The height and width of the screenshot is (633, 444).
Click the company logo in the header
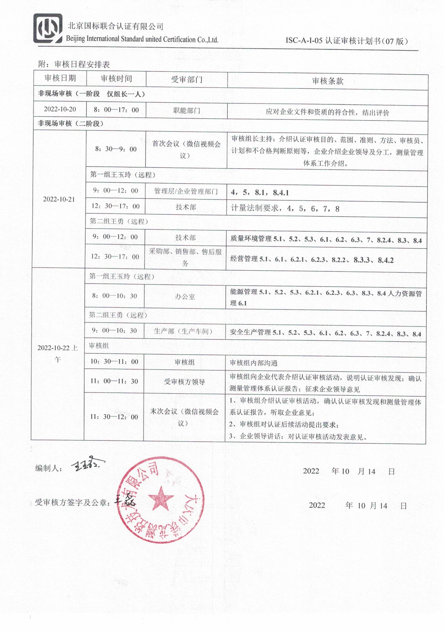48,28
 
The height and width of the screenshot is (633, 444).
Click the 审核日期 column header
60,78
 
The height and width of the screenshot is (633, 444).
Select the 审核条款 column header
328,81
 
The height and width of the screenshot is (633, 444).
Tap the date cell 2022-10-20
60,109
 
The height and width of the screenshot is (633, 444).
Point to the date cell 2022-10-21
59,199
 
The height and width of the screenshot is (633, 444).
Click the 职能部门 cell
186,111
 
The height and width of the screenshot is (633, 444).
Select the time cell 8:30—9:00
116,149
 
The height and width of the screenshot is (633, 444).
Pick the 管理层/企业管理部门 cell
186,191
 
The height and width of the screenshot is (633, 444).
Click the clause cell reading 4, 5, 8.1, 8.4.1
260,193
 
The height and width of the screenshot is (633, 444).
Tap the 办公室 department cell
185,297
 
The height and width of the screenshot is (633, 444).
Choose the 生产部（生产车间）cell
183,331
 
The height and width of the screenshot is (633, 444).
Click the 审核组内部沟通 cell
254,363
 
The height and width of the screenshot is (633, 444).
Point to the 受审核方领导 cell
184,382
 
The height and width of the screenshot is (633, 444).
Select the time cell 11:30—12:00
114,417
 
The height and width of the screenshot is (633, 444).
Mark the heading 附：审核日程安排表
74,64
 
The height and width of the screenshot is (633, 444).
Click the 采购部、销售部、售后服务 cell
185,257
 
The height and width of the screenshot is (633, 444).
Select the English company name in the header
142,39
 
